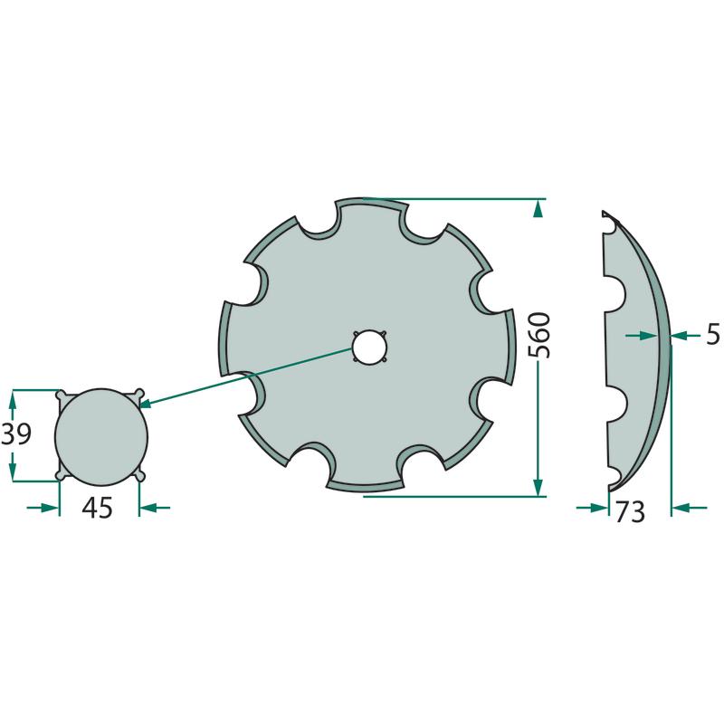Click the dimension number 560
click(539, 335)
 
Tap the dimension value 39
click(16, 434)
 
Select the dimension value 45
click(98, 508)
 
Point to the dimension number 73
click(630, 511)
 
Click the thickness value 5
click(713, 334)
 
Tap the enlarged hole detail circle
click(101, 437)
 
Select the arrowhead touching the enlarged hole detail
click(146, 405)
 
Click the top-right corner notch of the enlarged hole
click(138, 395)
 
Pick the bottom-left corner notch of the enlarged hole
click(62, 474)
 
